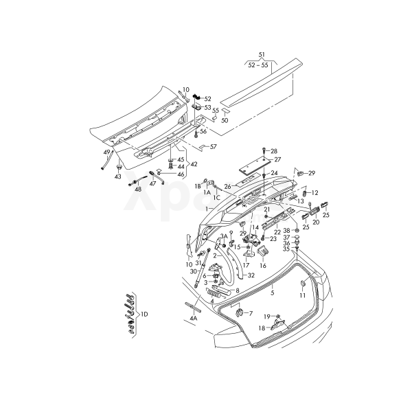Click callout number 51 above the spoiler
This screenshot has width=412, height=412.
coord(262,54)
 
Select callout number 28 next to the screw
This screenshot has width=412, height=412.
coord(274,151)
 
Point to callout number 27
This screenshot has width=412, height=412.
coord(277,159)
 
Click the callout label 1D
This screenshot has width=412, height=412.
coord(144,314)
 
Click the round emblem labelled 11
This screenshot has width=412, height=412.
coord(302,284)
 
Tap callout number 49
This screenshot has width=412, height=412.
coord(106,152)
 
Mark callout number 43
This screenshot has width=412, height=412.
coord(117,176)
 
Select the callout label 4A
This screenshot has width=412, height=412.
coord(194,318)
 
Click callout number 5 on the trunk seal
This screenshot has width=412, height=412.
coord(272,293)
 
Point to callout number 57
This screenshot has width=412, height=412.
coord(213,147)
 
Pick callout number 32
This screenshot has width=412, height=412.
coord(251,275)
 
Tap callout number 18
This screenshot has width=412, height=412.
coord(262,329)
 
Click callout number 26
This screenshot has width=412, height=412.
coord(228,185)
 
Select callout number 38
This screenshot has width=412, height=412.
coord(287,231)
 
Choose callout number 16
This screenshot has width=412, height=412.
coord(262,264)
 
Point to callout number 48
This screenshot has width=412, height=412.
coord(137,189)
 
